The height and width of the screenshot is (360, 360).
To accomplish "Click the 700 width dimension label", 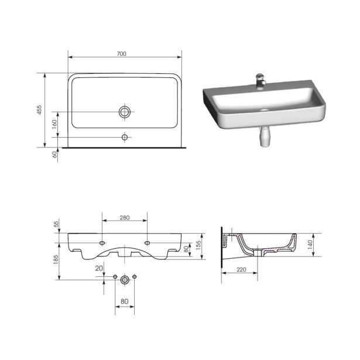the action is (121, 54).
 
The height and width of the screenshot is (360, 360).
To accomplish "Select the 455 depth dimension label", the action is (39, 109).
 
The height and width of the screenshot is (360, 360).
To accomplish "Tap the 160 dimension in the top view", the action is (54, 124).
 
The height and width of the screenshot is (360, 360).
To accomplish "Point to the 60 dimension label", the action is (54, 155).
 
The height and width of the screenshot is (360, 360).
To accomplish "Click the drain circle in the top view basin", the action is (125, 112).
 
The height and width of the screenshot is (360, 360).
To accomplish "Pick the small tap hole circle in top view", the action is (125, 138).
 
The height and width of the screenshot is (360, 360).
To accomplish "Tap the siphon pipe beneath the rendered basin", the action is (264, 136).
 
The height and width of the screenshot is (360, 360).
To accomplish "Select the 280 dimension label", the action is (125, 217).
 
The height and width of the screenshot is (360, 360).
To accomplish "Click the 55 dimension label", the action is (56, 224).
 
